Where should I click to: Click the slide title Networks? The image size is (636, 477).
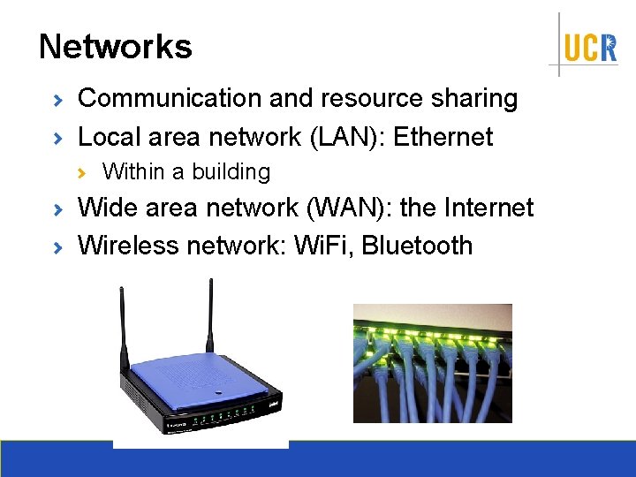point(115,47)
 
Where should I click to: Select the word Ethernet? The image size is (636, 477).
point(443,137)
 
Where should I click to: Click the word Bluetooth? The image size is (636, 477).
point(417,245)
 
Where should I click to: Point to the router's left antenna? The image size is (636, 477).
point(123,327)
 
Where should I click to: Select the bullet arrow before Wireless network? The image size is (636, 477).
point(57,246)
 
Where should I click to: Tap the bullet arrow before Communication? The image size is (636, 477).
point(57,100)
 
